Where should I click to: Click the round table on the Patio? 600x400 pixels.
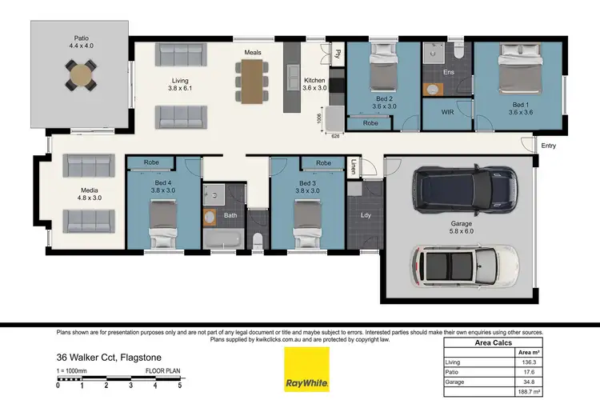point(80,76)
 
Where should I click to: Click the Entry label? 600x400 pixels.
point(548,146)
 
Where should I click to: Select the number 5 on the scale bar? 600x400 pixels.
point(179,386)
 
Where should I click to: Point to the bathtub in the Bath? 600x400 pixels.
point(222,239)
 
